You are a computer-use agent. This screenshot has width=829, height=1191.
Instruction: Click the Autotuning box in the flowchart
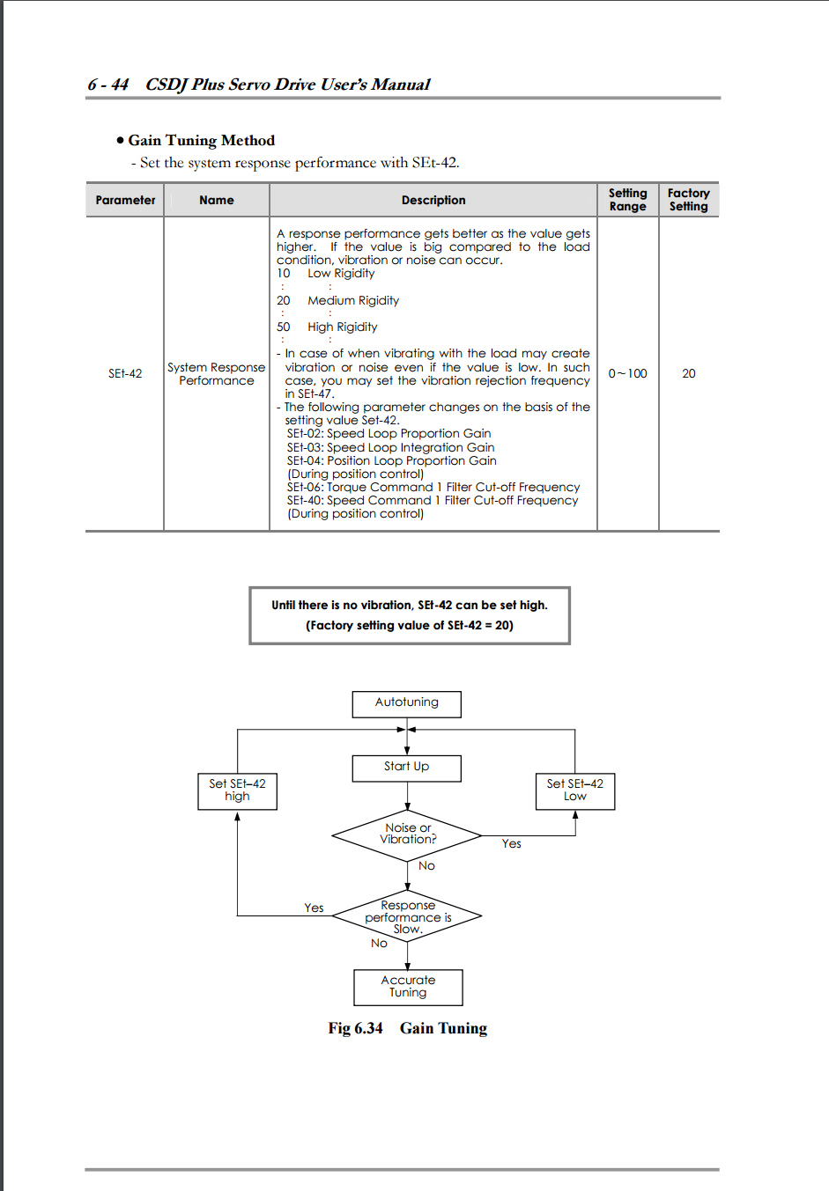(406, 703)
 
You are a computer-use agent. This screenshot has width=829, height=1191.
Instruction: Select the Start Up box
(406, 768)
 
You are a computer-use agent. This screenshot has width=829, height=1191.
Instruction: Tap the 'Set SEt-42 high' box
(237, 790)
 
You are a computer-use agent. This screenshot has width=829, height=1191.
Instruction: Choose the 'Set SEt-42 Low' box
(574, 790)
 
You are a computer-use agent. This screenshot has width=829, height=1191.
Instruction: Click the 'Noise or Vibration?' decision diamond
(407, 834)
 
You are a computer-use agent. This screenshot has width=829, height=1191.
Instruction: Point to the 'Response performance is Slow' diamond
(407, 917)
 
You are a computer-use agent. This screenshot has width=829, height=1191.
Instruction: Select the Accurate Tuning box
(408, 987)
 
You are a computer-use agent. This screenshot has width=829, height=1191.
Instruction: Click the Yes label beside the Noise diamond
(511, 844)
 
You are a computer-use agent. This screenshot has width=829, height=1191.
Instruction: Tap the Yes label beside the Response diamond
(314, 908)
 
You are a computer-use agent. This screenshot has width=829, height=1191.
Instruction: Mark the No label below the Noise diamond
(426, 866)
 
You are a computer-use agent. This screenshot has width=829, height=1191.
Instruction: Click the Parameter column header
(125, 201)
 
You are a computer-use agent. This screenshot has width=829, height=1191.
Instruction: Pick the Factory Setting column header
(688, 200)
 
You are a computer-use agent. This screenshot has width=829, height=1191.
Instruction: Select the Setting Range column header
(627, 200)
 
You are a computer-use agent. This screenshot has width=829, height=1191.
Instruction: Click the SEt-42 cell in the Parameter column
(125, 374)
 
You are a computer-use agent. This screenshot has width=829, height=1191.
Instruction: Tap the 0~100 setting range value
(627, 374)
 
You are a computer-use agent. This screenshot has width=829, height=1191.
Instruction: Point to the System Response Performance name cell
(217, 374)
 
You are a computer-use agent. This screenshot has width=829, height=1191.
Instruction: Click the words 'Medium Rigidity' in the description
(352, 301)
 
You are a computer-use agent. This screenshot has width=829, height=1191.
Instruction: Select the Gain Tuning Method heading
(201, 141)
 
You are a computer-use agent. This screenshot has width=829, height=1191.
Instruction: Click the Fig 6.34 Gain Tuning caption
(407, 1028)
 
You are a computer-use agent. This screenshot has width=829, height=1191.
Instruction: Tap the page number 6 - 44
(107, 85)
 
